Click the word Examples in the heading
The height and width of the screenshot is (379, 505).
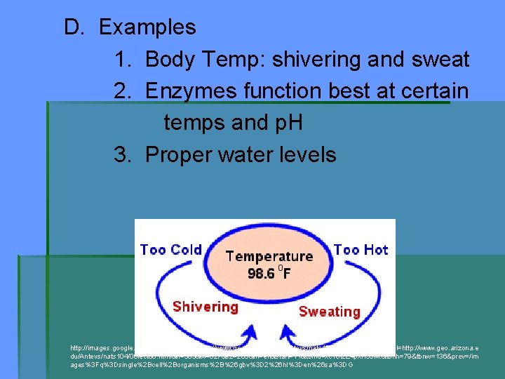[x=147, y=27]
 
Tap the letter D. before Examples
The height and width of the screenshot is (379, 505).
[x=74, y=27]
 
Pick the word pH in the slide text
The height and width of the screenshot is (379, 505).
[x=286, y=123]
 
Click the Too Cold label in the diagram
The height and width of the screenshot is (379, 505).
[x=170, y=250]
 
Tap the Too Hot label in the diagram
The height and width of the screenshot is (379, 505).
[x=361, y=250]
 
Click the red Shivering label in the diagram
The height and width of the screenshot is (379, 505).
[x=205, y=307]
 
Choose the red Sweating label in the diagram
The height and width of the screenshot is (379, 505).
[x=329, y=311]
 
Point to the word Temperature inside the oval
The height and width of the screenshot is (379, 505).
[x=269, y=257]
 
